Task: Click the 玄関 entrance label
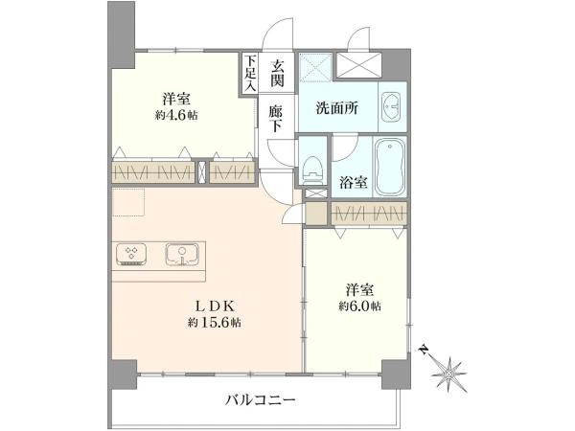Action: point(277,74)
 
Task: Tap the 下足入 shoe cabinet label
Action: point(250,73)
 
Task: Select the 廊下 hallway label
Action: point(276,119)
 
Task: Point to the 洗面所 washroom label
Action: point(337,108)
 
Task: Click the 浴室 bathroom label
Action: point(354,183)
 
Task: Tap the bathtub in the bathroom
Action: point(390,167)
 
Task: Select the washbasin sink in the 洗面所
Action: point(391,106)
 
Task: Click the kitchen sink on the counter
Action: point(182,254)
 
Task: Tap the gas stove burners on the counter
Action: point(131,254)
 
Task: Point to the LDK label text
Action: point(214,305)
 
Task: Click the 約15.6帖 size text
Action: point(215,323)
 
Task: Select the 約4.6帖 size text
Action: point(176,116)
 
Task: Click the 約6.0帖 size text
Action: point(359,306)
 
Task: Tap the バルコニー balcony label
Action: point(261,399)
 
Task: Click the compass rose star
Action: point(449,374)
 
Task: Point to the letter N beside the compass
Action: point(424,351)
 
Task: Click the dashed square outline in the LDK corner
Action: point(128,202)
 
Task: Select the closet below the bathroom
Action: point(369,213)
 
